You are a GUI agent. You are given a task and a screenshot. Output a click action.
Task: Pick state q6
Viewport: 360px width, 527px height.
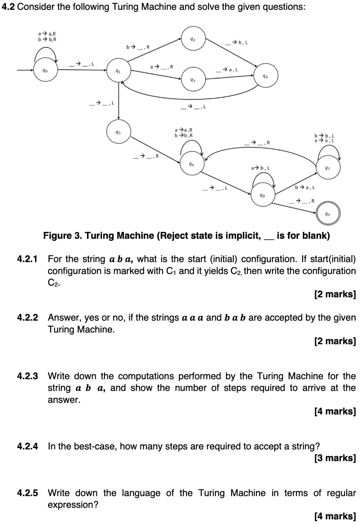[192, 164]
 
